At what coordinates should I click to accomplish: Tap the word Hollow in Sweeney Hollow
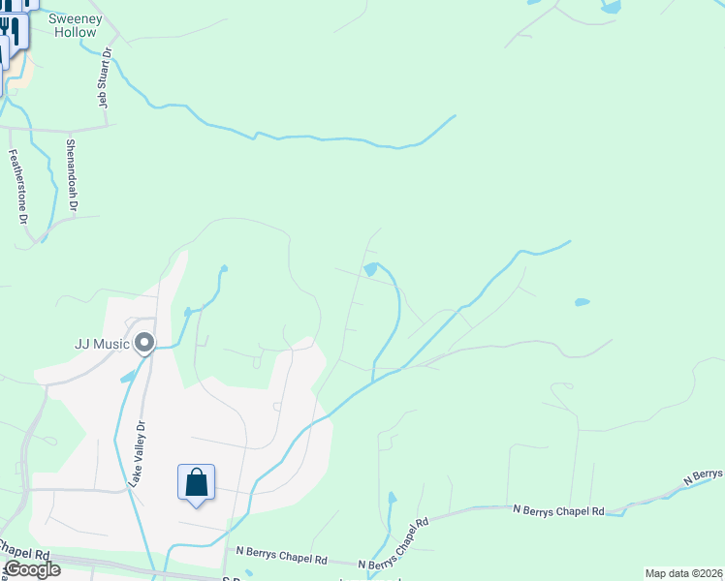[x=75, y=32]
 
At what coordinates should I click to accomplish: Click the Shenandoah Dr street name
[x=71, y=175]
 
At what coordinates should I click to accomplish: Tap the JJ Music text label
[x=102, y=343]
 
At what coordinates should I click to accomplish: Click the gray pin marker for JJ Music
[x=144, y=343]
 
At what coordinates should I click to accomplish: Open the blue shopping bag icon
[x=196, y=481]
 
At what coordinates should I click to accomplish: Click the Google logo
[x=31, y=569]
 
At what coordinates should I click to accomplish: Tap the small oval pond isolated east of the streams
[x=582, y=302]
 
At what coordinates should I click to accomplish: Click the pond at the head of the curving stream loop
[x=370, y=268]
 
